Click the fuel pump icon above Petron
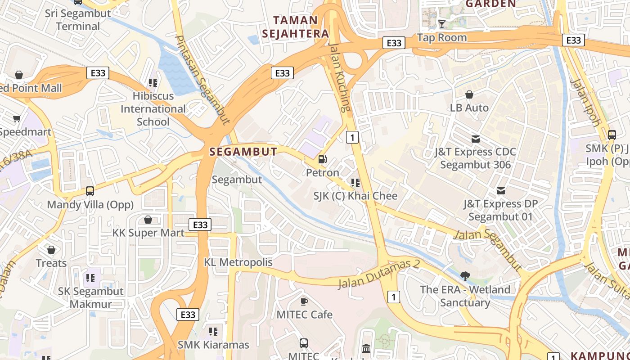pos(322,159)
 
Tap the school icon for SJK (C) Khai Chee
pos(355,182)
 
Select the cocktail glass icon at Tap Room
pos(442,24)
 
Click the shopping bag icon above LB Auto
pos(469,94)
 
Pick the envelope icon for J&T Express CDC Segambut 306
pos(475,139)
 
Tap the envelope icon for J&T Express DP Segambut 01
pos(500,191)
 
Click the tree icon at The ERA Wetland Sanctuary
pos(465,276)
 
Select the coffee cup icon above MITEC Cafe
pos(304,301)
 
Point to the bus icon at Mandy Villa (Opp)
pos(90,191)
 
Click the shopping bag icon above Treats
pos(51,250)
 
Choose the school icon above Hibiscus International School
pos(153,83)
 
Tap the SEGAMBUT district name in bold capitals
pos(243,152)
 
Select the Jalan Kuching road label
pos(339,77)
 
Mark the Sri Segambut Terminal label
pos(78,20)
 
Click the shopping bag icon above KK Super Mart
pos(148,220)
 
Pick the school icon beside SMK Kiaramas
pos(213,332)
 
